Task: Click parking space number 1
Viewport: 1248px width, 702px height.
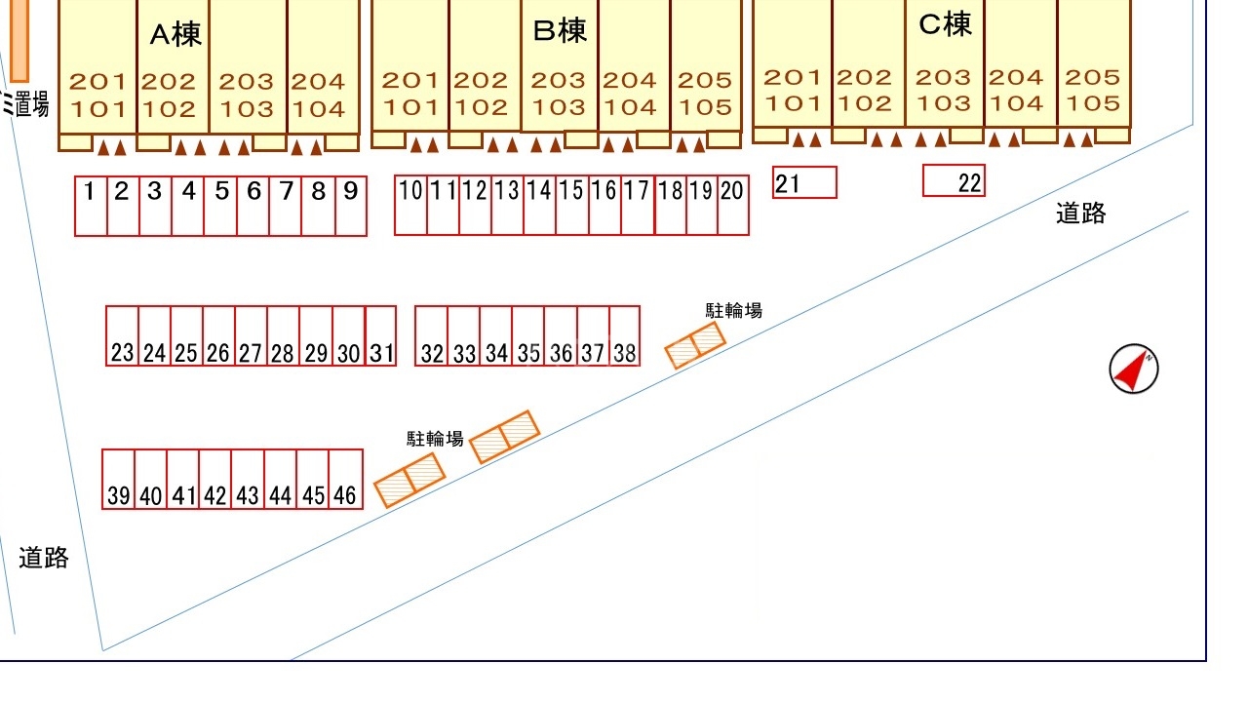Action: (x=91, y=206)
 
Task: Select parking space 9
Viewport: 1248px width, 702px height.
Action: (x=351, y=206)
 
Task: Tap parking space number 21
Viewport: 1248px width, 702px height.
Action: (x=804, y=182)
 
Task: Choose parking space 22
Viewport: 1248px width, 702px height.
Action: (x=954, y=181)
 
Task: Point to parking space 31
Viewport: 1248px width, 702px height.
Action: (x=381, y=336)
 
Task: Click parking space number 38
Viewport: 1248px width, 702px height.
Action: (x=625, y=336)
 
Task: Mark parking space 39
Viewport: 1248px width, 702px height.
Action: (x=118, y=480)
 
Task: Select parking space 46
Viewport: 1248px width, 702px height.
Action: (x=346, y=480)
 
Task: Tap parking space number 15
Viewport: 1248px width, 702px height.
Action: (x=571, y=206)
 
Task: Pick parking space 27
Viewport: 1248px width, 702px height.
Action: (x=251, y=336)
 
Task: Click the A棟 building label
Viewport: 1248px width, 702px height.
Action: (x=175, y=35)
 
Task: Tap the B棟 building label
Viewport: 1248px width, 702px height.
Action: (x=560, y=31)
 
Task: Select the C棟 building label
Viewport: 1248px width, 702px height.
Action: (x=945, y=24)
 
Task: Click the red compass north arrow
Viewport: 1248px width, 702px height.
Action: (x=1133, y=370)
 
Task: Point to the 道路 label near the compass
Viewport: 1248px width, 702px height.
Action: (x=1080, y=214)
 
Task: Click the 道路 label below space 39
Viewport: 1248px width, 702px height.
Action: (x=44, y=558)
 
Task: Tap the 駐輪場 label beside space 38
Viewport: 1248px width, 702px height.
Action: (x=733, y=311)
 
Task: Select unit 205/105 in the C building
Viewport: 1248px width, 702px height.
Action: (x=1093, y=90)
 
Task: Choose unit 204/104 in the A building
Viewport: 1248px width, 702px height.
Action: (x=319, y=95)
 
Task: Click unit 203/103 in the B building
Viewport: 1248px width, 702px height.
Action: (x=559, y=94)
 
